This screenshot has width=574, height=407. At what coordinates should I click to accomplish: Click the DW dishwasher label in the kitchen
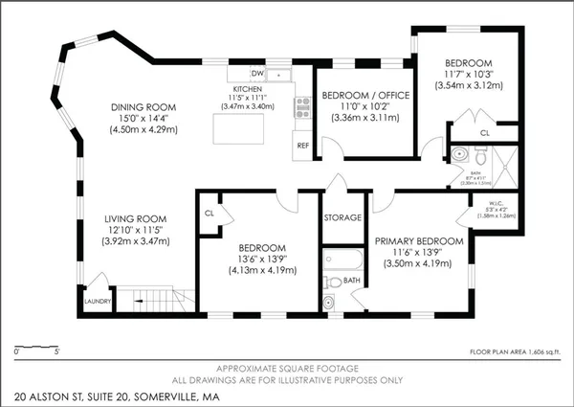point(256,73)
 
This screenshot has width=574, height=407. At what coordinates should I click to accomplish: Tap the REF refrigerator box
point(303,146)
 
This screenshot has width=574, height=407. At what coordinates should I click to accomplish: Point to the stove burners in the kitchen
point(303,106)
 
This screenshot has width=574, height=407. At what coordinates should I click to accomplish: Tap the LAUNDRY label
point(98,301)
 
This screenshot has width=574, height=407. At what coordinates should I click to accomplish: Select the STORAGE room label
point(342,217)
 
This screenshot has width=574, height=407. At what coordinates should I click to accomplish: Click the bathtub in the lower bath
point(342,260)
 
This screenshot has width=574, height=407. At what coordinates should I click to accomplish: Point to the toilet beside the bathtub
point(331,301)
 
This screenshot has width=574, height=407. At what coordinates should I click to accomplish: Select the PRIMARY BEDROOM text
point(419,240)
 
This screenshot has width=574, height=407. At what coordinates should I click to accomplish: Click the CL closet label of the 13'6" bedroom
point(209,214)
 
